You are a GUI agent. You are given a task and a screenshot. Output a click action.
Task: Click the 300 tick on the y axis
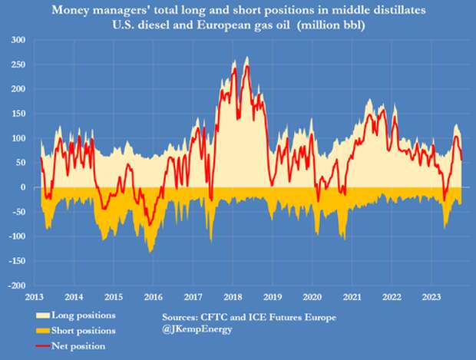click(17, 40)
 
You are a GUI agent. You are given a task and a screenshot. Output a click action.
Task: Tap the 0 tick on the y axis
click(23, 187)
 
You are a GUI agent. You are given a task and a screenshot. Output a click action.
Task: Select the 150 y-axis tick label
click(17, 114)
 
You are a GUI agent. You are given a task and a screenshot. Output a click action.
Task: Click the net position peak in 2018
click(247, 66)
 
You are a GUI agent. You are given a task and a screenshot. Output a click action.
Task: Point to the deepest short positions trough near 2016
click(150, 251)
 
